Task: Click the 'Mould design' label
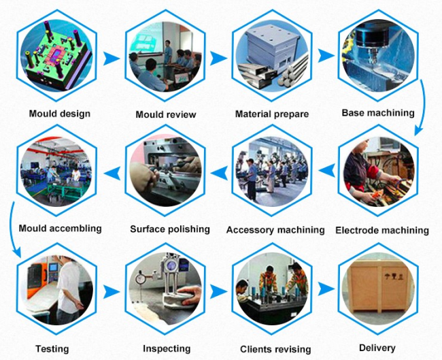[60, 114]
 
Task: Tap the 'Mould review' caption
[166, 114]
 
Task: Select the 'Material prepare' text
[272, 114]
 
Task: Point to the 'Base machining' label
[378, 113]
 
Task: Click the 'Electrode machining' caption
[382, 231]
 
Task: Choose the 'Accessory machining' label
[275, 230]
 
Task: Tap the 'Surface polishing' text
[170, 229]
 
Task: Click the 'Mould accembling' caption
[60, 228]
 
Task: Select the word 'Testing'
[52, 349]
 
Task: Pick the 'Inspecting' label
[167, 348]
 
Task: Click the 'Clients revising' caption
[275, 349]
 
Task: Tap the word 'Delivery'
[377, 348]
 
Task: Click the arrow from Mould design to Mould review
[112, 59]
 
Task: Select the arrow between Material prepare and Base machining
[326, 56]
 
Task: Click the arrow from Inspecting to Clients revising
[218, 292]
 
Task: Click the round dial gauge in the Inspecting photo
[140, 279]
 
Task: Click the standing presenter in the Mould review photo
[168, 52]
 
